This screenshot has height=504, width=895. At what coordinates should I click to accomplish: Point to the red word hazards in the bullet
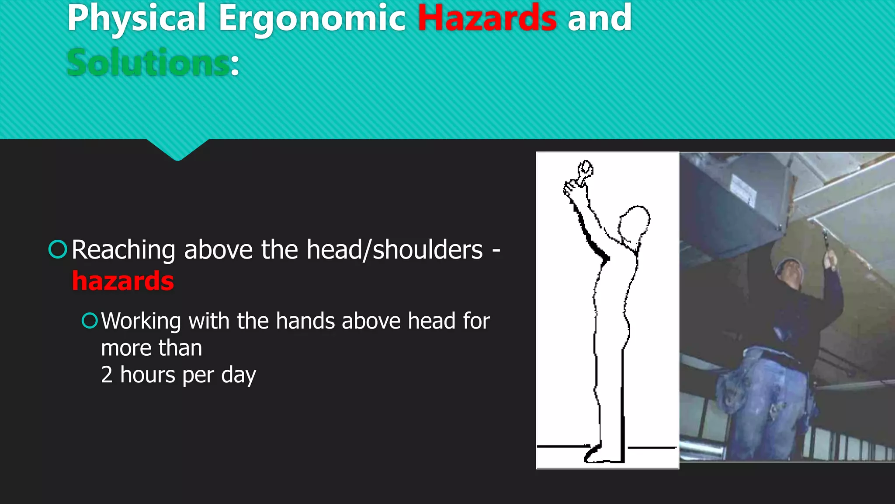[x=123, y=281]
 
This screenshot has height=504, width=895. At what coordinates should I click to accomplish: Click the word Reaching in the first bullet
[x=123, y=250]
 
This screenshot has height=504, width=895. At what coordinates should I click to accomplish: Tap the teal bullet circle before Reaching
[x=58, y=249]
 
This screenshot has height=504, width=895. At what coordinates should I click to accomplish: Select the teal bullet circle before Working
[x=90, y=321]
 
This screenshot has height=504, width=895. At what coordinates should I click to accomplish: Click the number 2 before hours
[x=107, y=375]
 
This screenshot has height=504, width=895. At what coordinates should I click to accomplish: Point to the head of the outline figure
[x=634, y=223]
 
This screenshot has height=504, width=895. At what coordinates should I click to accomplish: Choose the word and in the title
[x=600, y=18]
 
